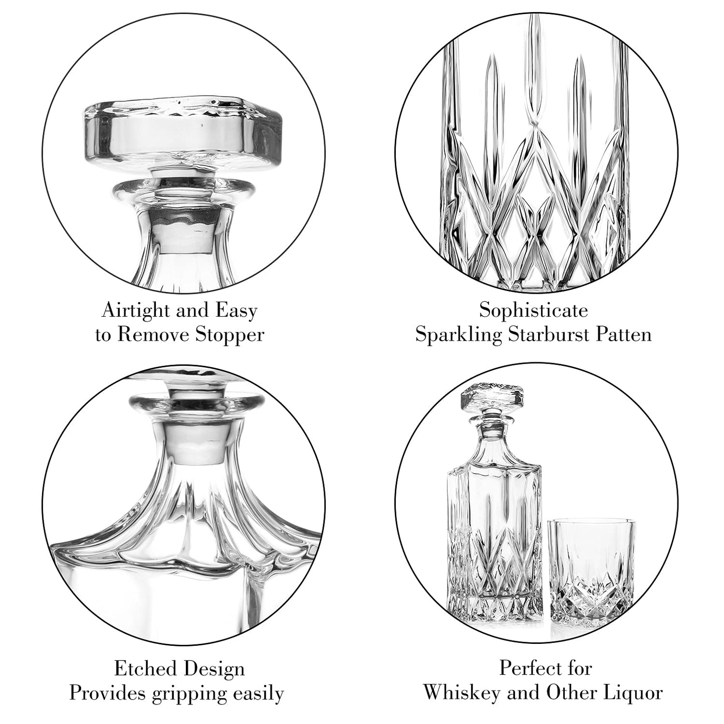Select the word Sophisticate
pos(534,311)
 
